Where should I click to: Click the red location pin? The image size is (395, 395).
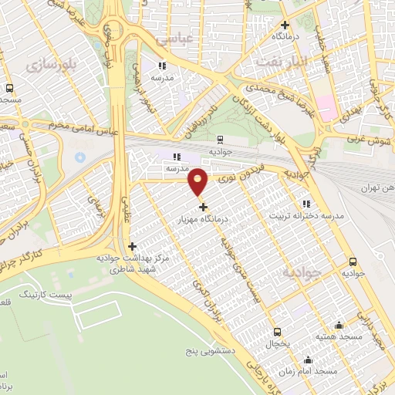198,181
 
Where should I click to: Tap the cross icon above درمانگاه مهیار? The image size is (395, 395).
203,207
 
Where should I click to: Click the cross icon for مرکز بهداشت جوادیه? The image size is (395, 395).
132,246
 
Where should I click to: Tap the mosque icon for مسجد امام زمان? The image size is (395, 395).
309,360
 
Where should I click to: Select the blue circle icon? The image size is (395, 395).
79,157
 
